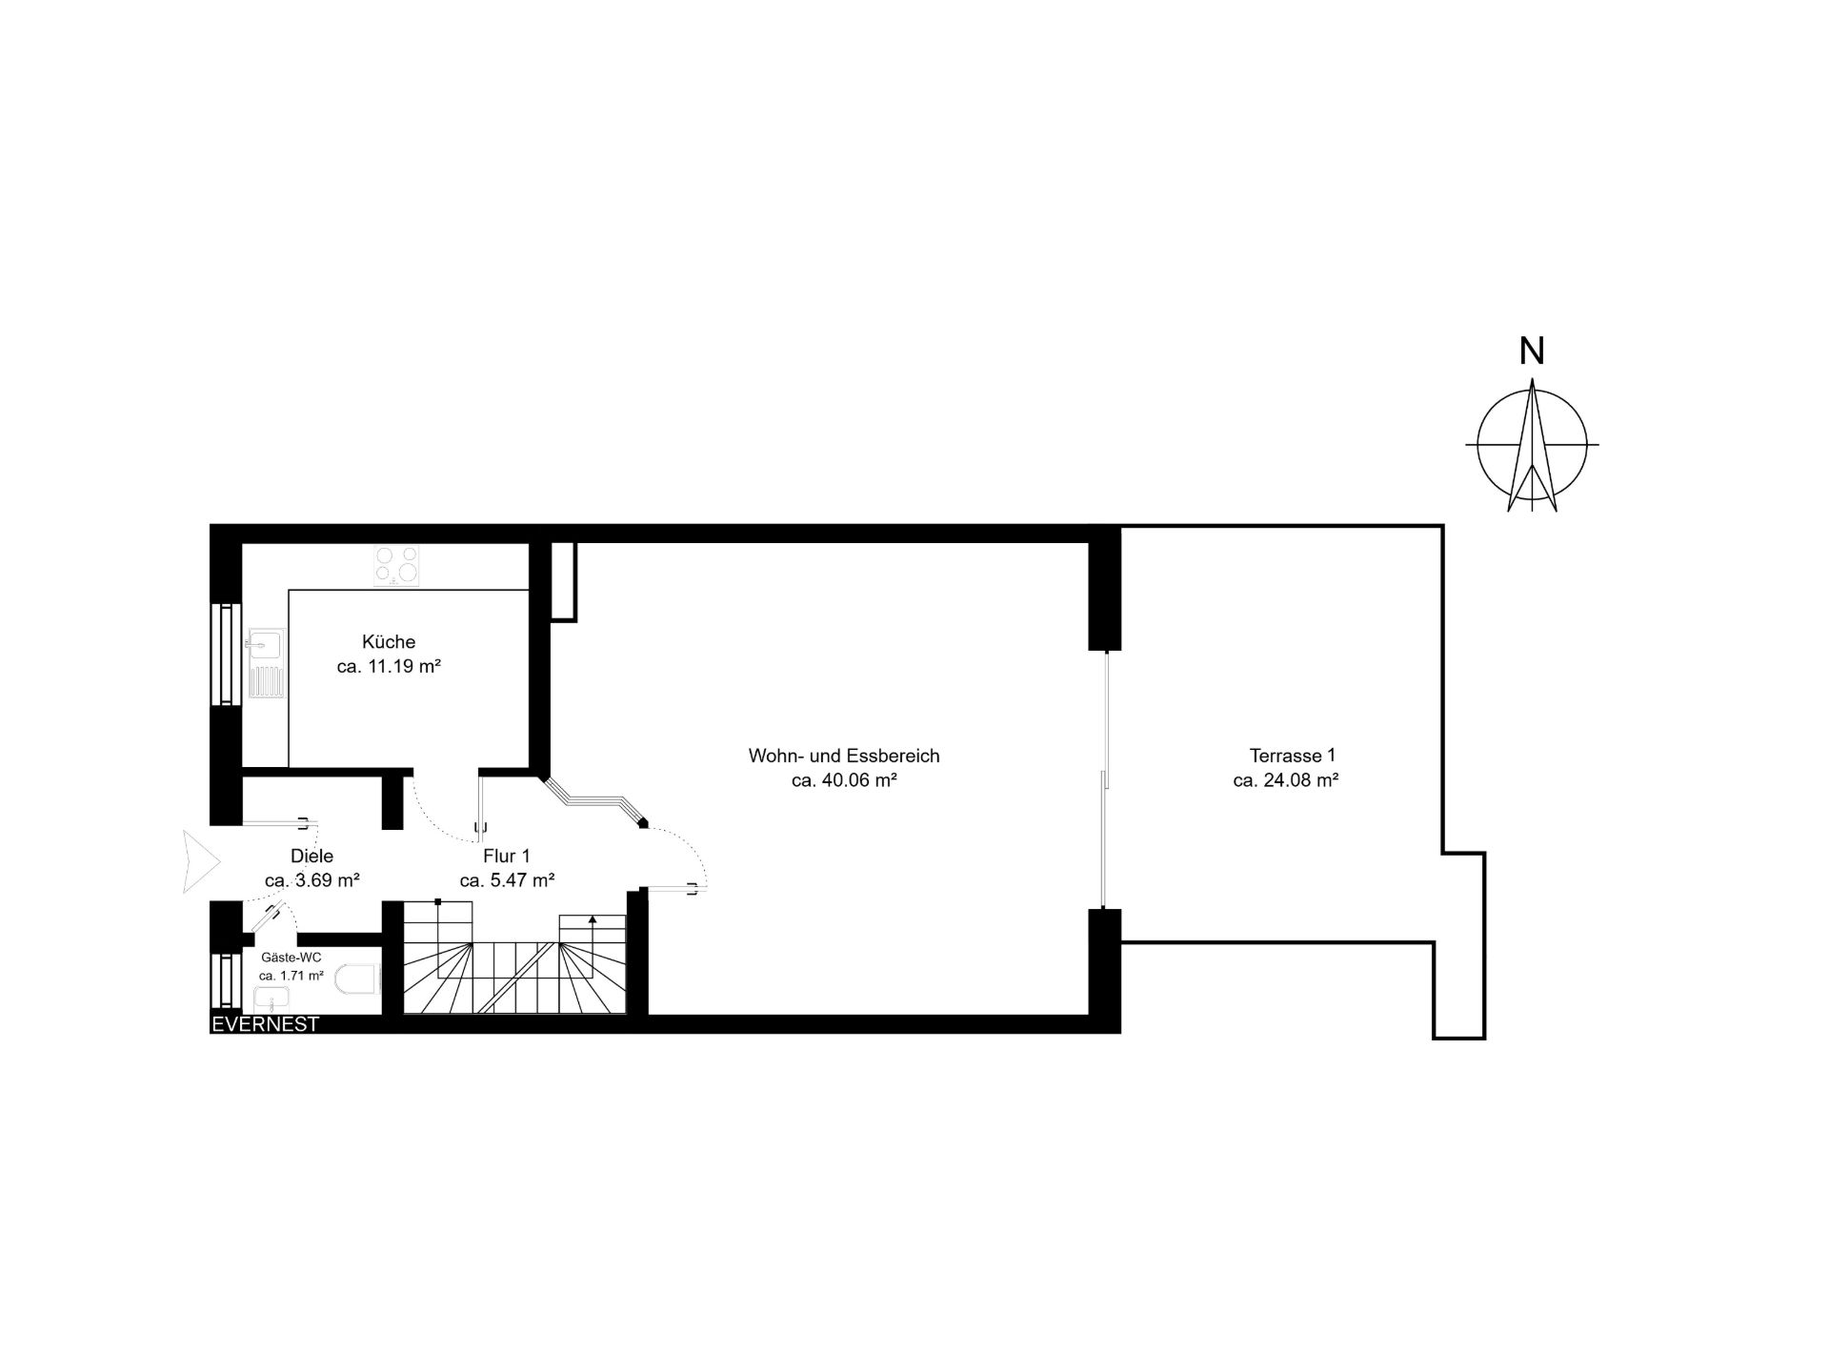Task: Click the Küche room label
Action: (389, 642)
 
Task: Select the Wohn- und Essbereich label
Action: (844, 756)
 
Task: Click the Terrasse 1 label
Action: (1293, 756)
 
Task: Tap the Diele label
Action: (312, 857)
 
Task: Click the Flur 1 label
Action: (507, 857)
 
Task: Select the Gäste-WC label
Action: (291, 958)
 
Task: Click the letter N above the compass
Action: (1532, 352)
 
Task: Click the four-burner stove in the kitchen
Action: (397, 563)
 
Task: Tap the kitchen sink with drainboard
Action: (266, 665)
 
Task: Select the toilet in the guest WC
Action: (359, 979)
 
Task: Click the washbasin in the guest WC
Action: (272, 999)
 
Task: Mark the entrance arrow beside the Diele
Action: (201, 862)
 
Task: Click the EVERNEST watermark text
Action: (265, 1025)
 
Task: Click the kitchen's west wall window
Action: (226, 654)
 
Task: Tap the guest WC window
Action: (226, 979)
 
